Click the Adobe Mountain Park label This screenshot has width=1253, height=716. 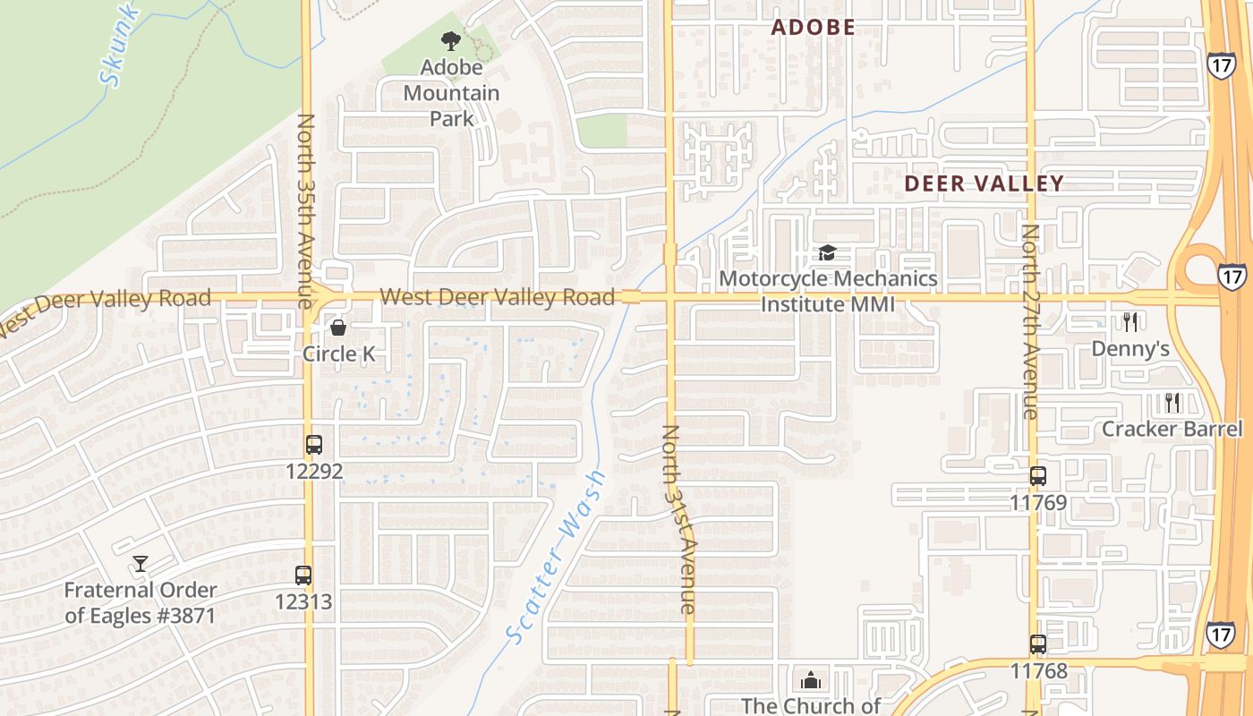(x=451, y=92)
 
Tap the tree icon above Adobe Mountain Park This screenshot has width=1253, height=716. (x=451, y=40)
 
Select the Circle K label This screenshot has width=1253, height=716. (x=338, y=354)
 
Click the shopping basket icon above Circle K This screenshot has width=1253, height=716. (x=338, y=328)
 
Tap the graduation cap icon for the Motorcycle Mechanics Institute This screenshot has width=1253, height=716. (x=827, y=253)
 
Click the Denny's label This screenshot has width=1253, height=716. (x=1130, y=348)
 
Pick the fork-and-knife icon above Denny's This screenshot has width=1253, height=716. (x=1130, y=321)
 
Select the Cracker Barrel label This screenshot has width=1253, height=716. (x=1172, y=429)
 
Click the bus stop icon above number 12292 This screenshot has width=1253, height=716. (x=314, y=444)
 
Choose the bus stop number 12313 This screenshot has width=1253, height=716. (x=303, y=601)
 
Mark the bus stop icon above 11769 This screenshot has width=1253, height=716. (x=1038, y=476)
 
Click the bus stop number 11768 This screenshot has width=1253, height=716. (x=1038, y=670)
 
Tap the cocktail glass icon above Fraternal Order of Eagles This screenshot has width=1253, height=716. (x=141, y=563)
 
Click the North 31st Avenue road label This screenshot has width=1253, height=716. (x=678, y=519)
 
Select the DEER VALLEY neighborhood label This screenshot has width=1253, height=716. (x=984, y=183)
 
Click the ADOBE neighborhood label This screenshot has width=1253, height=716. (x=814, y=27)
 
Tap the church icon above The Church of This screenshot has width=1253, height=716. (x=811, y=680)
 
